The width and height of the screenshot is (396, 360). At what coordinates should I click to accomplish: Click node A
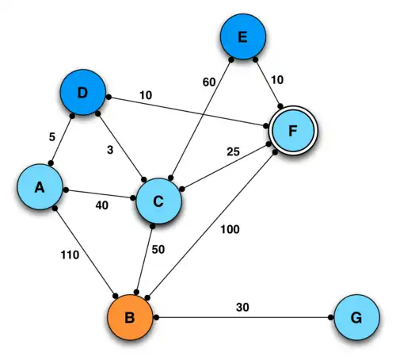click(x=41, y=188)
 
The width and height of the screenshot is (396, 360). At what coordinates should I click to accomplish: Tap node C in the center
click(x=159, y=201)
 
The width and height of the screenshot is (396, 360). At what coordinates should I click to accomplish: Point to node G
click(x=356, y=317)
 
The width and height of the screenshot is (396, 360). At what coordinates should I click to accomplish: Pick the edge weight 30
click(x=244, y=306)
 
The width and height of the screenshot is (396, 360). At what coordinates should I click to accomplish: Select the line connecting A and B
click(x=83, y=255)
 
